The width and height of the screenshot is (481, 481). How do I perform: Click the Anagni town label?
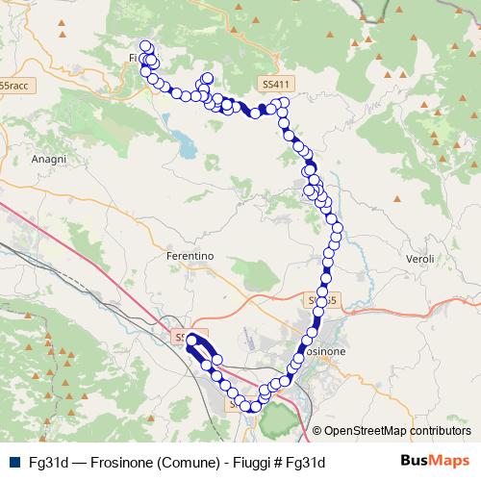click(x=48, y=159)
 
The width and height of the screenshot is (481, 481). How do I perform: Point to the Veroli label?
click(x=420, y=260)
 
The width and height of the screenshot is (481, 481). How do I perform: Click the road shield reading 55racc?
click(x=13, y=86)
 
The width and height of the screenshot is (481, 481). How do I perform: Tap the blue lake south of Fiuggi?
click(x=185, y=147)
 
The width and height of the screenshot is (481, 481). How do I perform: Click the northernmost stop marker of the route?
click(x=146, y=46)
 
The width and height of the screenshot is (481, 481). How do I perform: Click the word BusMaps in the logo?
click(x=435, y=461)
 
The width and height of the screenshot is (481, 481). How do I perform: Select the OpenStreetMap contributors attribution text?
click(x=397, y=431)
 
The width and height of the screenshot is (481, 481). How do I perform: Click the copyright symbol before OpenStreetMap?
click(x=317, y=431)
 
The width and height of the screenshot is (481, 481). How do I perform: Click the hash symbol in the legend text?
click(x=282, y=463)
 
